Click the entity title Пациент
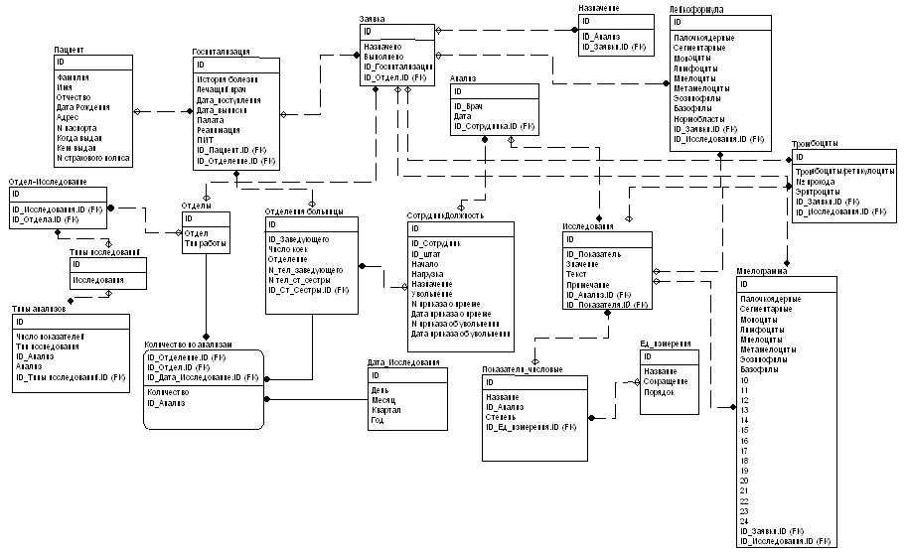(x=69, y=48)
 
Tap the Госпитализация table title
(x=220, y=51)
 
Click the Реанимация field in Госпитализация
(x=219, y=130)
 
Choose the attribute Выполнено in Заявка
(x=382, y=57)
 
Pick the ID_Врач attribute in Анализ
(x=468, y=106)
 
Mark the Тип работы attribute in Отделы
(x=205, y=242)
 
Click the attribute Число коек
(x=289, y=249)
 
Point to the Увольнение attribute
(x=434, y=292)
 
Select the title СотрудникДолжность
(x=445, y=215)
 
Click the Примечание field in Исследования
(x=588, y=284)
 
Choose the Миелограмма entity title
(x=762, y=272)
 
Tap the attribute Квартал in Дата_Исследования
(x=387, y=409)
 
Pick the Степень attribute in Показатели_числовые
(x=502, y=417)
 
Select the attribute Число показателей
(x=50, y=337)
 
